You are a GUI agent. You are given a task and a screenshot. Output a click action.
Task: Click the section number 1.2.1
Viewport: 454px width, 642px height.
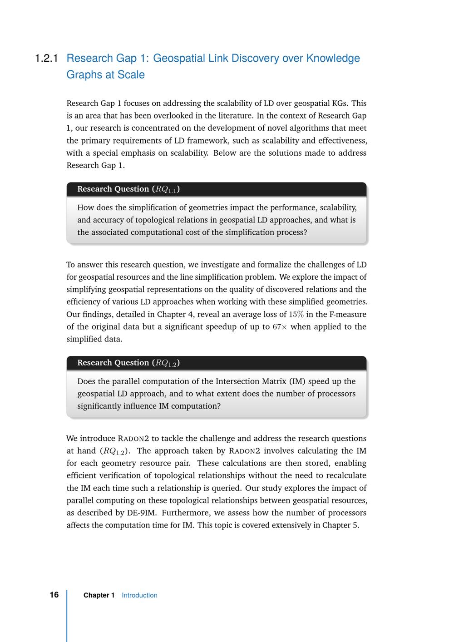click(x=46, y=59)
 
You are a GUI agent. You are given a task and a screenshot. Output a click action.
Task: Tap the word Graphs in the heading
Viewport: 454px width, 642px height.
click(x=83, y=75)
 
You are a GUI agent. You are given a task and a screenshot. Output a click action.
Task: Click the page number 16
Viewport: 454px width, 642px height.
click(x=54, y=595)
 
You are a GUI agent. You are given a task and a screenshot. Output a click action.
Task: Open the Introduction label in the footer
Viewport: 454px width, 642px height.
click(x=139, y=595)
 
